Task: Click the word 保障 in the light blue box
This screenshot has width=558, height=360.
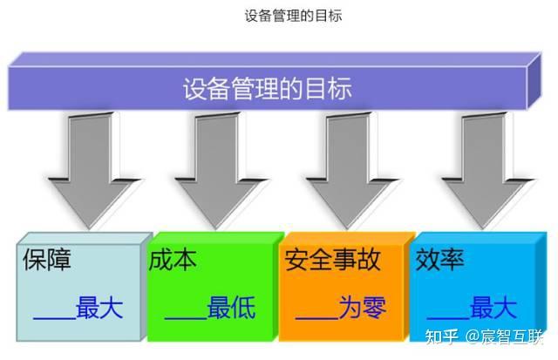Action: [x=47, y=261]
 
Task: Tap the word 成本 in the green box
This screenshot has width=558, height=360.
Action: [x=174, y=261]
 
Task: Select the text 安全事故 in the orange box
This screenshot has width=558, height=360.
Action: [x=332, y=261]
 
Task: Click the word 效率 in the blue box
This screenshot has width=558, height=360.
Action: [x=440, y=261]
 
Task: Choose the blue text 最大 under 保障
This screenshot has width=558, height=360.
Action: [x=99, y=308]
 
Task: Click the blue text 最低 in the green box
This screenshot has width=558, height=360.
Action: [x=231, y=308]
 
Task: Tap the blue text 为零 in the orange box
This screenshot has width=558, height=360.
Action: [x=362, y=308]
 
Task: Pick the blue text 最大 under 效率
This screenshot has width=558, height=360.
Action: [x=493, y=308]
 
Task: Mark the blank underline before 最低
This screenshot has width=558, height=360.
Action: [x=185, y=316]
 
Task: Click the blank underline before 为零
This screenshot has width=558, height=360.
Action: [x=316, y=316]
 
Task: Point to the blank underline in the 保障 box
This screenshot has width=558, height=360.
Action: [x=54, y=316]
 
